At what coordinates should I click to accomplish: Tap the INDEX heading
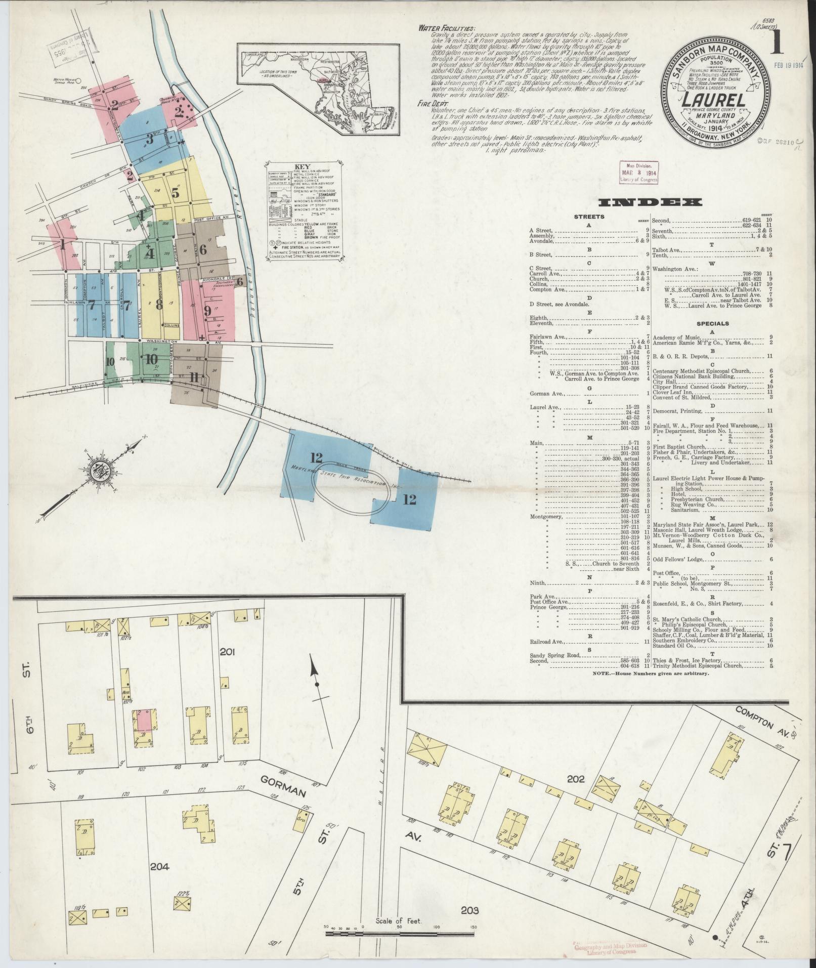pyautogui.click(x=650, y=202)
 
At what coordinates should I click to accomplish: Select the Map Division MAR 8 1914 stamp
pyautogui.click(x=639, y=172)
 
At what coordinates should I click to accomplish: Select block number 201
pyautogui.click(x=228, y=650)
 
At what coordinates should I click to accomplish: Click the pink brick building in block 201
pyautogui.click(x=143, y=718)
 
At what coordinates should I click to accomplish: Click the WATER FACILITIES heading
pyautogui.click(x=447, y=28)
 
